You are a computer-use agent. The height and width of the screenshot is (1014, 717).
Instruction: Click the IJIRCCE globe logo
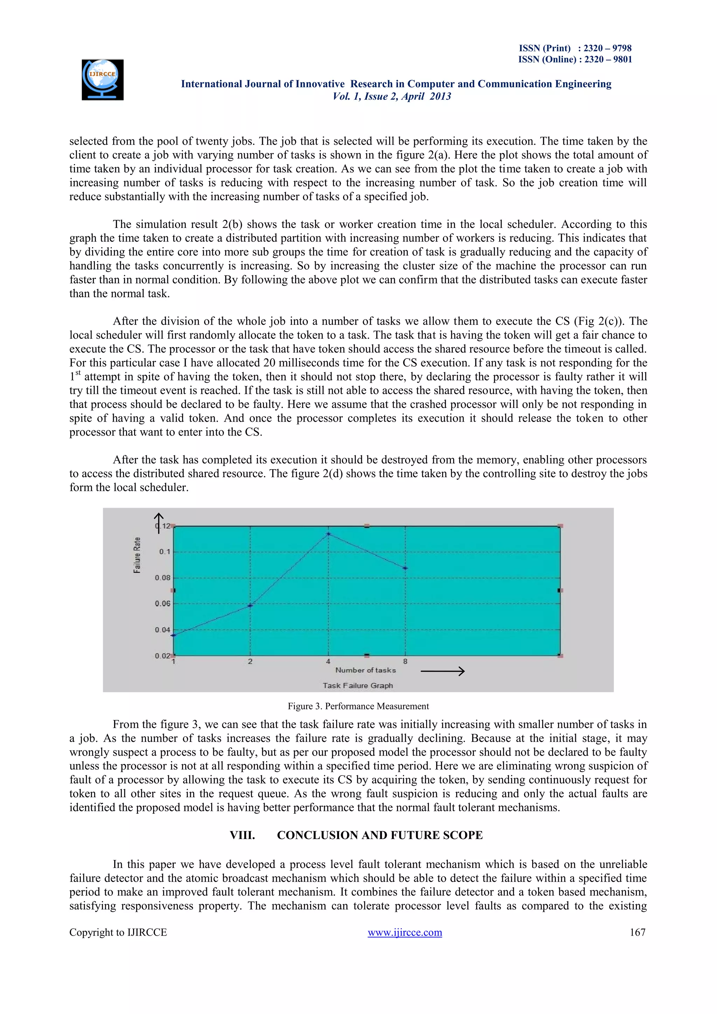[103, 80]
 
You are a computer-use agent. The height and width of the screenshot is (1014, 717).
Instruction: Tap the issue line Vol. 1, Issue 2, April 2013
[392, 96]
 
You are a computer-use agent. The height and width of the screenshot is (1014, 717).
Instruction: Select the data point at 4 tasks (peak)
[328, 534]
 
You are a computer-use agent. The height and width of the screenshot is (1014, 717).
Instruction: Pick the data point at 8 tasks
[405, 568]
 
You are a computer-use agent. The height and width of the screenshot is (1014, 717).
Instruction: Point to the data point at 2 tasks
[250, 605]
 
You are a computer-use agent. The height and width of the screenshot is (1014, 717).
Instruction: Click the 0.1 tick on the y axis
[165, 551]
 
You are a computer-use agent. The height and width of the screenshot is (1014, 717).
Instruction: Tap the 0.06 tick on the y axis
[162, 604]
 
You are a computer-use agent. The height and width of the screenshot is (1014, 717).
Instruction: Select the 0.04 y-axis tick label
[162, 630]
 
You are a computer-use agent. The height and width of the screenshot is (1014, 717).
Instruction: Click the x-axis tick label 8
[405, 661]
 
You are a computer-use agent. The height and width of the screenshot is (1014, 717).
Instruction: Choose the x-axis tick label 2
[250, 661]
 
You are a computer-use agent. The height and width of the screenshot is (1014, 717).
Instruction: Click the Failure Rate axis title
[137, 555]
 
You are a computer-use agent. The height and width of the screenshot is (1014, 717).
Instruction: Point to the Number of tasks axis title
[366, 670]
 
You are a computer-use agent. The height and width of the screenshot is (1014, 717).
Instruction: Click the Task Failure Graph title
[357, 686]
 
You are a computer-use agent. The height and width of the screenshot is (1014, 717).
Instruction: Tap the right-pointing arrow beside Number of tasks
[443, 671]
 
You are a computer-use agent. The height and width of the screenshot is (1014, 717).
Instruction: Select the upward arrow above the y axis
[159, 522]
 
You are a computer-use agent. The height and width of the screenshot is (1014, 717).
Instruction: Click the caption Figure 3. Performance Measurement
[358, 706]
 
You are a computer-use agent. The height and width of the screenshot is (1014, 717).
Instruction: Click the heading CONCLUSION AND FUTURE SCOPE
[380, 835]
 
